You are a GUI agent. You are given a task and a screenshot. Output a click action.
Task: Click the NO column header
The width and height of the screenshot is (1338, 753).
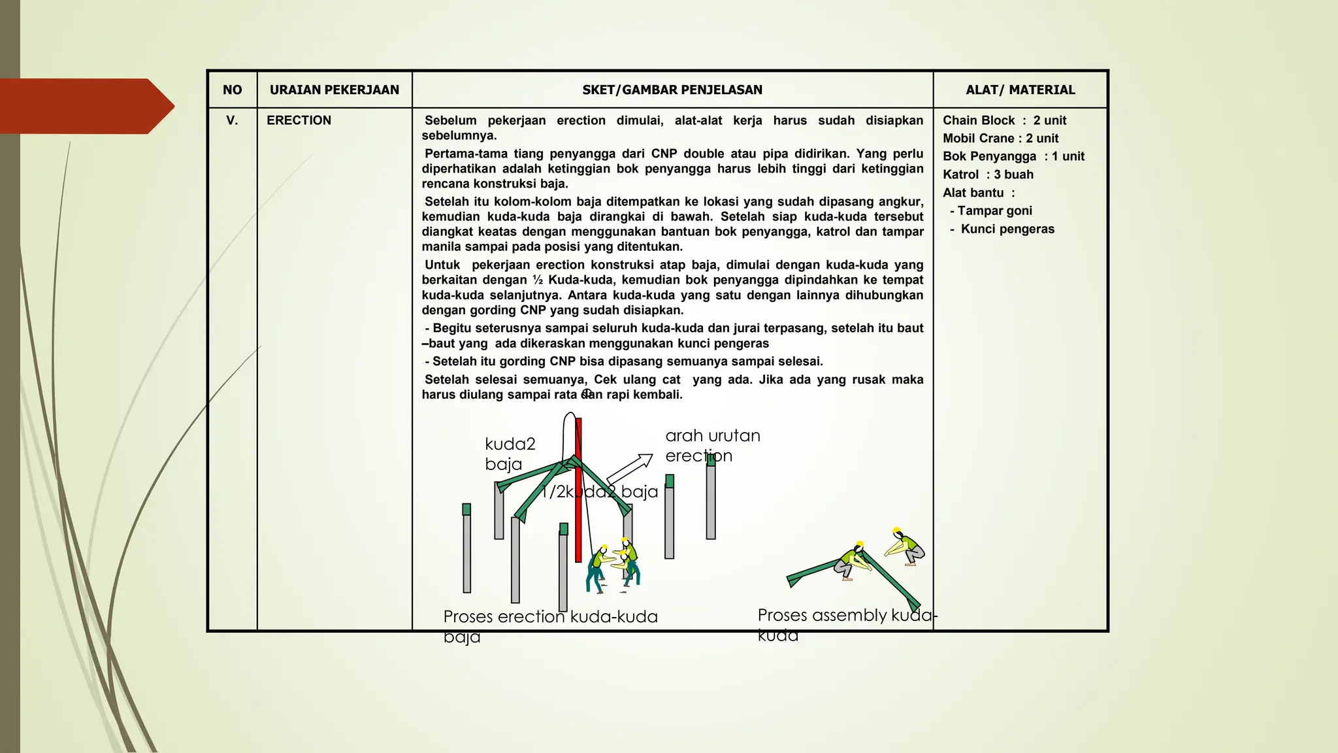click(x=232, y=90)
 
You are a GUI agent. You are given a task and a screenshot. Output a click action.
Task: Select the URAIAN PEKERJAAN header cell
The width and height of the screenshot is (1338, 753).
click(x=334, y=90)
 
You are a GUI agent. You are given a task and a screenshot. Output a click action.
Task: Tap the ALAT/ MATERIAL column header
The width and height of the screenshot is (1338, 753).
click(x=1020, y=90)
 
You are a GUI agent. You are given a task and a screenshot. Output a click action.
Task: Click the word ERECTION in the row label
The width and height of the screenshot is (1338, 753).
click(x=299, y=120)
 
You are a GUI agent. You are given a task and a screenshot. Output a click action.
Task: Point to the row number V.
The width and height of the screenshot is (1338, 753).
click(x=232, y=120)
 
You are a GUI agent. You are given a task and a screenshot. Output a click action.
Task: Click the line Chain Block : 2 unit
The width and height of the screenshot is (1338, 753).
click(x=1004, y=120)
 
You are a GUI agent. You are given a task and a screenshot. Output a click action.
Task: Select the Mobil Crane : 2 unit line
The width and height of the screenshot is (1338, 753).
click(x=1000, y=139)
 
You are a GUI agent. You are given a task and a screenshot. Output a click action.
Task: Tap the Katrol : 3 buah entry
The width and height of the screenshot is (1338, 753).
click(x=988, y=175)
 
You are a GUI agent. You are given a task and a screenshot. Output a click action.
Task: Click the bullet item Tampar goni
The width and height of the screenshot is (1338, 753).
click(x=994, y=210)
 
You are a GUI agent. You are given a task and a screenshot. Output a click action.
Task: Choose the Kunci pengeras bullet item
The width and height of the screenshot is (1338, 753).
click(x=1007, y=229)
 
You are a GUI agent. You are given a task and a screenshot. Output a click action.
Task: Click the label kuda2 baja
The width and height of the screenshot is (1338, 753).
click(x=510, y=454)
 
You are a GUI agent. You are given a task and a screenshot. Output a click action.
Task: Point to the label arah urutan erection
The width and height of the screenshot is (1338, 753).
click(x=712, y=445)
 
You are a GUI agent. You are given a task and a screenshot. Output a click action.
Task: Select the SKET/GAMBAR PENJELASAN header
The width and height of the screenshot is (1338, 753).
click(x=672, y=90)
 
